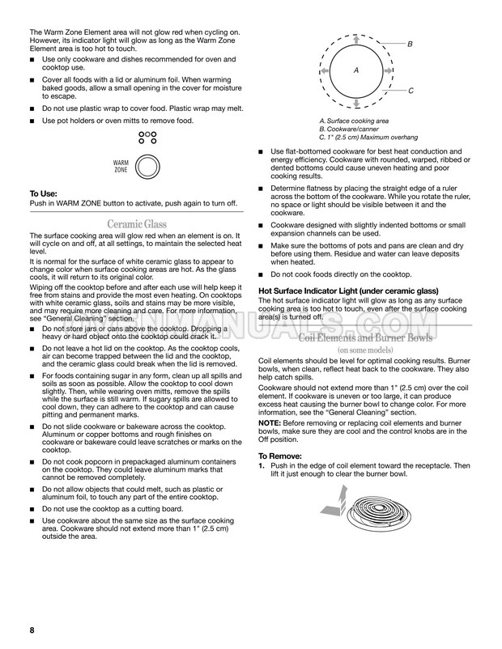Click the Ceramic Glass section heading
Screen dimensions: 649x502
coord(137,223)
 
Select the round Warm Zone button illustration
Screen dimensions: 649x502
coord(147,168)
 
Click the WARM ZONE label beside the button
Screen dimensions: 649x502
coord(121,168)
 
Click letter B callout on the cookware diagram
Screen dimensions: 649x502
coord(411,43)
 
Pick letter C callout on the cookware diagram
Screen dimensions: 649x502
coord(411,91)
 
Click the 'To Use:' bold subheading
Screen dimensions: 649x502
coord(44,193)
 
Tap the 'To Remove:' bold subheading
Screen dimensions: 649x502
coord(281,456)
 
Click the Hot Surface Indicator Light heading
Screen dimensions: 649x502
coord(348,291)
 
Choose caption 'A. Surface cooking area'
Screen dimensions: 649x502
coord(354,121)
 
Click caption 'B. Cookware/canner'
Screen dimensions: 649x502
coord(349,129)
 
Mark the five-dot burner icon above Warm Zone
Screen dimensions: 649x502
coord(147,138)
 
